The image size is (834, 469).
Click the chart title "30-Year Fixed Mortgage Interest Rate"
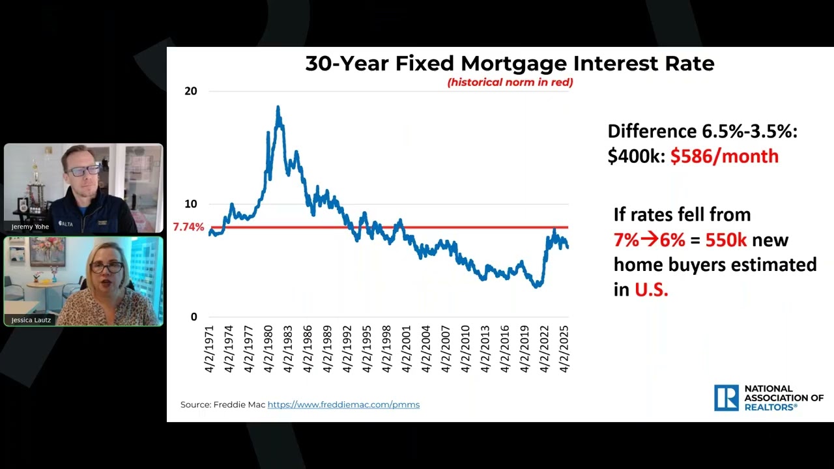[x=510, y=64]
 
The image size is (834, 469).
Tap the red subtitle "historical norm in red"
[x=510, y=82]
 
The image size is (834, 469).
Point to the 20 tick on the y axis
[x=190, y=91]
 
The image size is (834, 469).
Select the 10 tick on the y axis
[x=190, y=204]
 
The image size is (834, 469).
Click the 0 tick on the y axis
[x=194, y=317]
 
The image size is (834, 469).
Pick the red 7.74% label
[x=188, y=227]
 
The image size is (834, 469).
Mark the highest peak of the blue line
[x=278, y=107]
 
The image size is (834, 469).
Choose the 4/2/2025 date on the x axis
[x=565, y=348]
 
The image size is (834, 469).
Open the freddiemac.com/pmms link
[x=343, y=405]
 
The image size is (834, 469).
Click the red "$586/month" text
[x=724, y=156]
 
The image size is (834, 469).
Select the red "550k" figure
[x=726, y=240]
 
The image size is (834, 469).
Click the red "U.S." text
[x=652, y=290]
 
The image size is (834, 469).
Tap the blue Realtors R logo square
[x=726, y=397]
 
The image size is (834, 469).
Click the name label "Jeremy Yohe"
[x=30, y=227]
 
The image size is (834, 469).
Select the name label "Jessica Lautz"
[x=31, y=320]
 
